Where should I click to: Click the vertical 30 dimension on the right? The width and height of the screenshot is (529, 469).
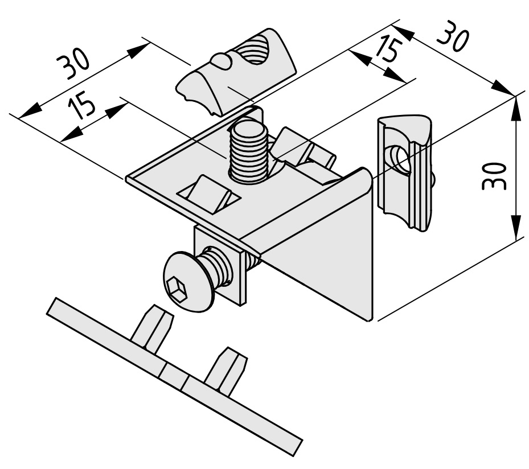click(494, 176)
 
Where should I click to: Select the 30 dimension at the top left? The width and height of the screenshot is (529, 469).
click(73, 63)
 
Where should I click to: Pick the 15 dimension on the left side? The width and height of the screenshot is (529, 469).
click(81, 104)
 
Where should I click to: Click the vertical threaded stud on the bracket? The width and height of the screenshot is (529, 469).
click(249, 151)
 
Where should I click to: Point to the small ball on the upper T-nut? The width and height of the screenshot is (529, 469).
click(222, 61)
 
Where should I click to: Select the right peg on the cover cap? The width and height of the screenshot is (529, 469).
click(227, 371)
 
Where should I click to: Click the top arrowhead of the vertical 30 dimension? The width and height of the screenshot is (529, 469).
click(515, 108)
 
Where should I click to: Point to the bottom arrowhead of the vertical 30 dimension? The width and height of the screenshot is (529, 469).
click(515, 229)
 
